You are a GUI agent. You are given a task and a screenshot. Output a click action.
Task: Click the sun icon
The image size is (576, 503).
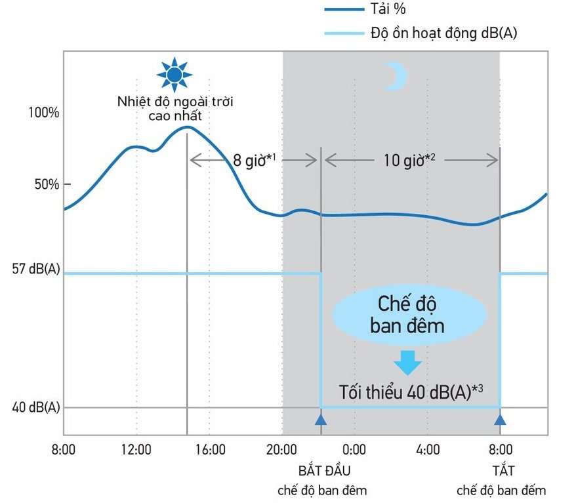(x=174, y=75)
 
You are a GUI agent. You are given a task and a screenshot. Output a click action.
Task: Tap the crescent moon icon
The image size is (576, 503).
(x=395, y=77)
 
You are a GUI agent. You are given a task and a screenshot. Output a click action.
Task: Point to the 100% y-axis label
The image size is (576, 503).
(x=45, y=113)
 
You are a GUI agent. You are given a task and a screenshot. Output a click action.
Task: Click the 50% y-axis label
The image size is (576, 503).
(x=48, y=184)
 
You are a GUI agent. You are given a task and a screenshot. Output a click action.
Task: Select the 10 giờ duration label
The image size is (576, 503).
(x=409, y=160)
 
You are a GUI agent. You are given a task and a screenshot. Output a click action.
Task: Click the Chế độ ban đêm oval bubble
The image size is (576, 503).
(x=409, y=315)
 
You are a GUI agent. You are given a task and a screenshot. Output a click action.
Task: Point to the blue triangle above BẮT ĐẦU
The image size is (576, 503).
(x=320, y=420)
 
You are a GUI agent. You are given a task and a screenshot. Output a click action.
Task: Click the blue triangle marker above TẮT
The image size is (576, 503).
(x=500, y=420)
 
